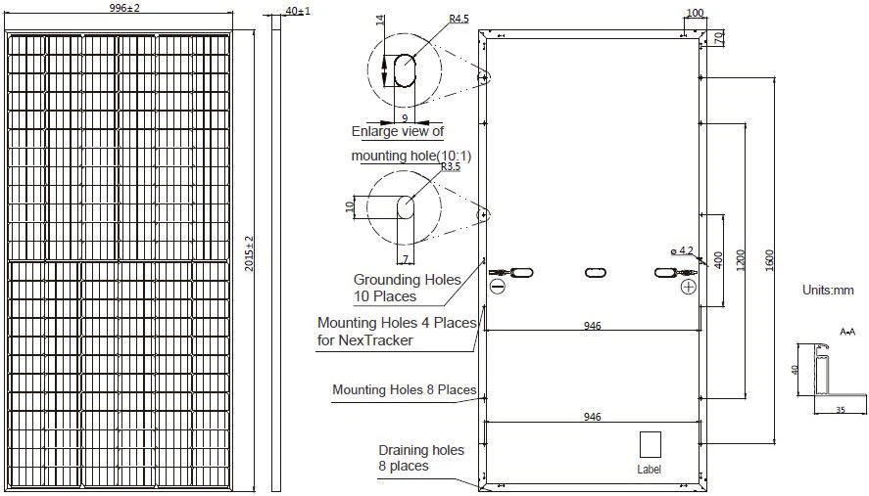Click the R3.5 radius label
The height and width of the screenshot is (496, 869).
point(450,167)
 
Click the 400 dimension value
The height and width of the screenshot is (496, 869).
point(720,259)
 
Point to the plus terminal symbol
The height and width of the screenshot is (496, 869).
point(689,287)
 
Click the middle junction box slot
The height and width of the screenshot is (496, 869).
point(596,273)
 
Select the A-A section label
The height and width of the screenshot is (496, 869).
point(847,333)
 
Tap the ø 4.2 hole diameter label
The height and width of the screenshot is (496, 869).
point(681,251)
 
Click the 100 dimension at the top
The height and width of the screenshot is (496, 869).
point(696,13)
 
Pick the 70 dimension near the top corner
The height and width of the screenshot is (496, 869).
point(718,38)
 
